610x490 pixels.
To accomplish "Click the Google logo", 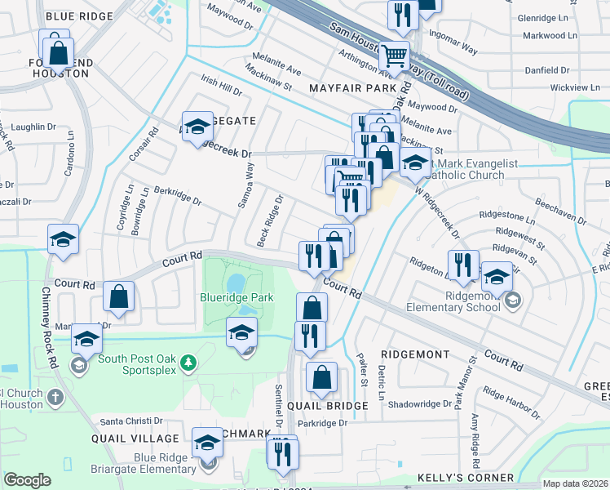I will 27,480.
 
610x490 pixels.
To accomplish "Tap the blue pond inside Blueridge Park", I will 236,283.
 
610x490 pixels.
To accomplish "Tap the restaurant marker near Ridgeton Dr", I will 461,264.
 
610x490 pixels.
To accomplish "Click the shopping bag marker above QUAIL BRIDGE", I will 322,376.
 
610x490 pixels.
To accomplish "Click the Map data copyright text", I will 576,483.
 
